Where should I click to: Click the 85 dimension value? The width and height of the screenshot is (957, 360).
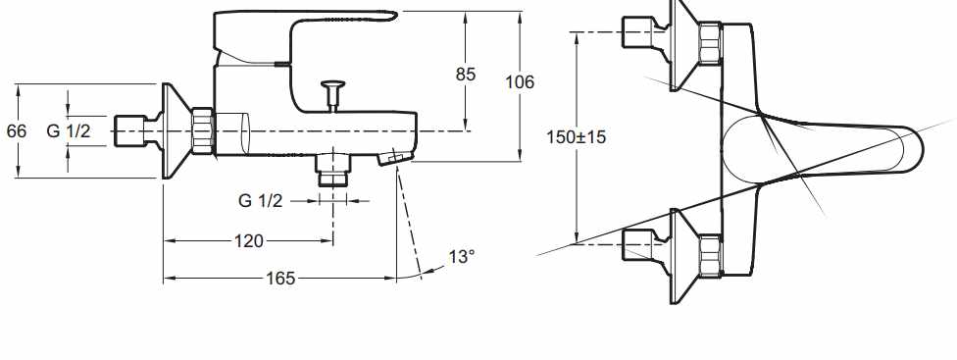click(465, 74)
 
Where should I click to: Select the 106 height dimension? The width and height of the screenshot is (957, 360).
click(520, 81)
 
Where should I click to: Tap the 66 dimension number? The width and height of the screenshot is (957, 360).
click(17, 130)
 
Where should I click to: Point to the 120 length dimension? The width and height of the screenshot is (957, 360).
click(249, 241)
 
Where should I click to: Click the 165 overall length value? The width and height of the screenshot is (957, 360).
click(280, 279)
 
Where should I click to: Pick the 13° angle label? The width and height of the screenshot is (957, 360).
click(462, 257)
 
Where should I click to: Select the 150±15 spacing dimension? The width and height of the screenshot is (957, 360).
click(577, 137)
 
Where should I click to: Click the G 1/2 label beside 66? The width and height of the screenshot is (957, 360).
click(69, 130)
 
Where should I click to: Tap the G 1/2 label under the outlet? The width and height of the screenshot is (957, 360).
click(261, 200)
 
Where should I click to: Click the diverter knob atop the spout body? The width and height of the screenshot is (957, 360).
click(333, 94)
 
